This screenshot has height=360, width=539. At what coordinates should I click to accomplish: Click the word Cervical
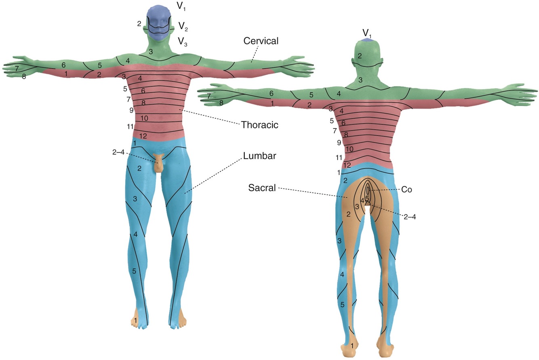click(261, 41)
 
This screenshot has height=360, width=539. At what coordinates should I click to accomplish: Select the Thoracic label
click(259, 125)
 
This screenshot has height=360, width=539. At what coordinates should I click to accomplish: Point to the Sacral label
click(263, 188)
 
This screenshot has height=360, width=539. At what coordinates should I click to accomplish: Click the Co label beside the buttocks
click(407, 189)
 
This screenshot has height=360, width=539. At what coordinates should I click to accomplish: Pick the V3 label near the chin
click(184, 41)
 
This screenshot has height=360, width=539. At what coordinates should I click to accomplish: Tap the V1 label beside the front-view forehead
click(181, 6)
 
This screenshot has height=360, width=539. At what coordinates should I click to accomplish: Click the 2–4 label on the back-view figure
click(409, 217)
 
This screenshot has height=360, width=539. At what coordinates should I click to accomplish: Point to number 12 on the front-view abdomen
click(143, 135)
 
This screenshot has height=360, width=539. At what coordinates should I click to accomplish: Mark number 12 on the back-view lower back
click(347, 165)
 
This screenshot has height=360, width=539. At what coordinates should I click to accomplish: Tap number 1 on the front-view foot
click(135, 320)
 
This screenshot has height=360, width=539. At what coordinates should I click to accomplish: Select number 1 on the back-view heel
click(353, 346)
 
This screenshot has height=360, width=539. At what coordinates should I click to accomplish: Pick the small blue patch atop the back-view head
click(367, 40)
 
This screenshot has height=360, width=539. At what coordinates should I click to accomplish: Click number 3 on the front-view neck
click(150, 52)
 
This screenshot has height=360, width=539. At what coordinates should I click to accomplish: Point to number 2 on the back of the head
click(360, 56)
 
